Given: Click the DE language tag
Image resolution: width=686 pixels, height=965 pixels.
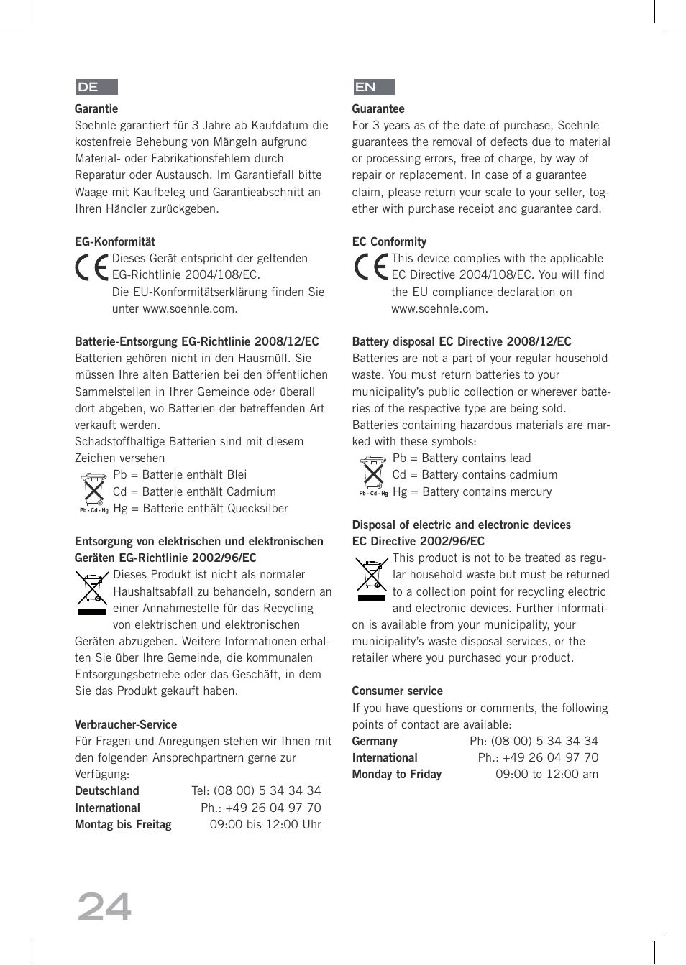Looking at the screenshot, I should tap(96, 87).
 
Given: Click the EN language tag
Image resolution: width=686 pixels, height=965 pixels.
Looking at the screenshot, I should tap(373, 87).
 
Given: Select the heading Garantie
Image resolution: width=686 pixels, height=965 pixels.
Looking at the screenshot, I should tap(96, 109).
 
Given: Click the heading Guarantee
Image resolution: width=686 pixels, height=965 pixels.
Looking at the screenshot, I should tap(378, 109).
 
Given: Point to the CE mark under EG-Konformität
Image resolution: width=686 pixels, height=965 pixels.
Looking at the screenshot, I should tap(91, 267).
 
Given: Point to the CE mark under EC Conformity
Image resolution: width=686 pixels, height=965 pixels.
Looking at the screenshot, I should tap(370, 267).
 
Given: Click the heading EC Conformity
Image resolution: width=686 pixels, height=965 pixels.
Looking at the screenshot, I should tap(389, 242).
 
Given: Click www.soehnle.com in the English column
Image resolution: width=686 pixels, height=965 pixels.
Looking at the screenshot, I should tap(439, 309).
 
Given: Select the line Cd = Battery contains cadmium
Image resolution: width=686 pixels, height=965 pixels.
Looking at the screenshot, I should tap(475, 475).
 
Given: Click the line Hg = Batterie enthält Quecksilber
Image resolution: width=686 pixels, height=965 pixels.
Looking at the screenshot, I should tap(201, 509).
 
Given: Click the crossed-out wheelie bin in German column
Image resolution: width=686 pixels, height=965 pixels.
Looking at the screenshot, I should tap(92, 592).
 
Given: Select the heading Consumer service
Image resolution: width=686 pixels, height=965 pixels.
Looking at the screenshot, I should tap(397, 691).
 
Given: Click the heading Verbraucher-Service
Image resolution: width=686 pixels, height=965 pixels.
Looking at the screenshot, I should tap(126, 725).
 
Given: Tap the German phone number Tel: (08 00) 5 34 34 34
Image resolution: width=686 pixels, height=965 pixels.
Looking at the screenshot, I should tap(256, 790).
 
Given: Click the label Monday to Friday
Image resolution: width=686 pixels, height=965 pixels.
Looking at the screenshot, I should tap(397, 775).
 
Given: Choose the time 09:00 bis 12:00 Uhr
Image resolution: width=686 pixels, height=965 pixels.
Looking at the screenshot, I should tap(265, 825).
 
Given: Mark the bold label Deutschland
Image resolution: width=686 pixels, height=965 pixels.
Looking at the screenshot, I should tap(107, 791).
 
